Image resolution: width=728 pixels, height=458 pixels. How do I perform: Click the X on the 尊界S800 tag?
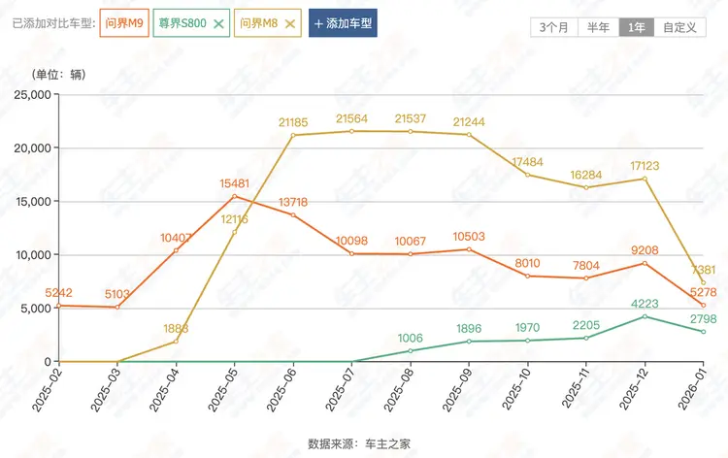218,22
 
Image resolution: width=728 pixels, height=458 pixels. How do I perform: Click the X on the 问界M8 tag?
288,22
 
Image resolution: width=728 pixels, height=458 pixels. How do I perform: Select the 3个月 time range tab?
553,27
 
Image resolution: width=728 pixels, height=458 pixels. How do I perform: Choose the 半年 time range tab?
599,27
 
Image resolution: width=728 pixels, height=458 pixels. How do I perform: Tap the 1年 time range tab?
637,27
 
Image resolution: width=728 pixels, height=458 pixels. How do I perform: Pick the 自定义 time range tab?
678,27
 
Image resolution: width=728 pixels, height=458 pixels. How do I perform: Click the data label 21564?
351,118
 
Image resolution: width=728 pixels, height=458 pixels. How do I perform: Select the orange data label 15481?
234,183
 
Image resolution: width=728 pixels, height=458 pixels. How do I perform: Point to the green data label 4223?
645,303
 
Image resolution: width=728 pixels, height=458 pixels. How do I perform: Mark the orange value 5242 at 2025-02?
59,292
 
